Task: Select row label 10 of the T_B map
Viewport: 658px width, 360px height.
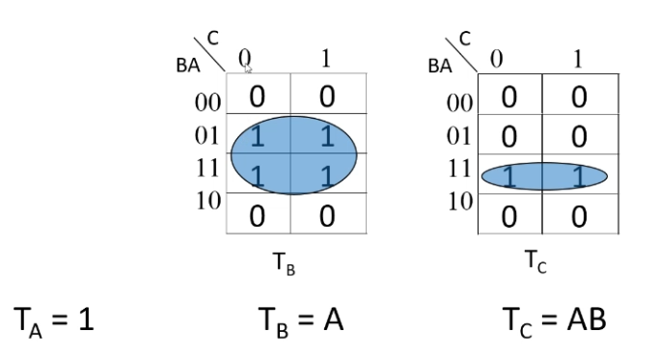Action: [207, 201]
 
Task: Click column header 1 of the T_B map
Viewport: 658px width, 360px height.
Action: [326, 58]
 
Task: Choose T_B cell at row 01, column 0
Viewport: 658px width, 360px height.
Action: [258, 137]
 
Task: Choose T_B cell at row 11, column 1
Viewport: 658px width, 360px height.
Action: [326, 174]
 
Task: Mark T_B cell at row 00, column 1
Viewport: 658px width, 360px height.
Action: [326, 97]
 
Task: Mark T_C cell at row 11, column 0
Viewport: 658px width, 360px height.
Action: [508, 176]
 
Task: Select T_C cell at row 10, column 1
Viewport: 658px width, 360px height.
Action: [577, 212]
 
